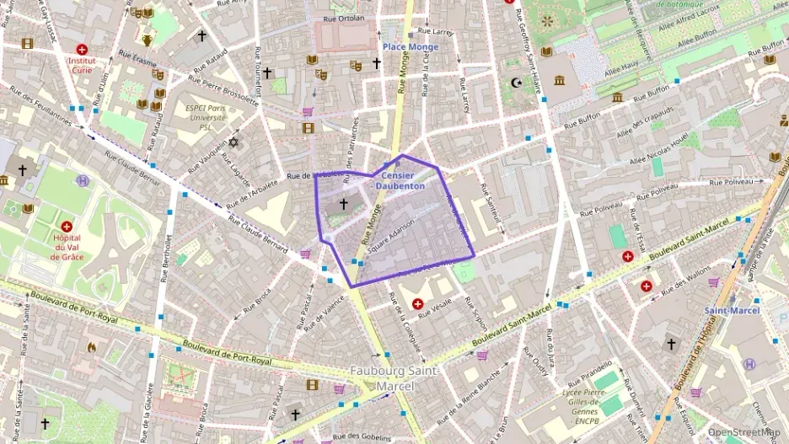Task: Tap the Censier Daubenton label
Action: (400, 180)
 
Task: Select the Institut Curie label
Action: (82, 66)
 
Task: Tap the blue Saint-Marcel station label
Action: (732, 310)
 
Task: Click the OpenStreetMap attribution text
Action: (744, 432)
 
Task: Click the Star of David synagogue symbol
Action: (233, 142)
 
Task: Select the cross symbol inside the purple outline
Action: (343, 203)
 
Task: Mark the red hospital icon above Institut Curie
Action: (82, 50)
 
